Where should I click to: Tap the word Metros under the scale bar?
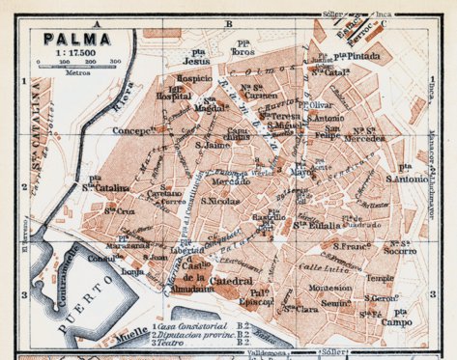(x=78, y=71)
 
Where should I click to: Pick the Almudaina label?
(x=195, y=288)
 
